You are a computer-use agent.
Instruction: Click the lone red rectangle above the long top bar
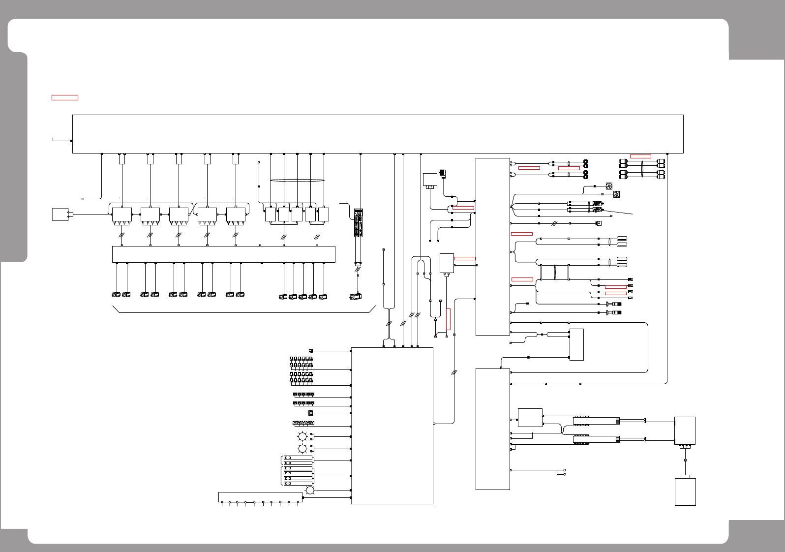(65, 97)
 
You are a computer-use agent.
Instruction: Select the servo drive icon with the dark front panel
(359, 223)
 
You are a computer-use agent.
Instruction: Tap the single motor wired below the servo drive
(355, 296)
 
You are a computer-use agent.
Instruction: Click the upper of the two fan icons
(608, 186)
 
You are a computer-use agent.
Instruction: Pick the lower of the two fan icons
(616, 194)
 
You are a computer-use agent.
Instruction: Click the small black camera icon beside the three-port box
(442, 173)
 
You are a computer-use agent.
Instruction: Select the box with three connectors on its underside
(430, 180)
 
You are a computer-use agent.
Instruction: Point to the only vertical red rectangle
(448, 319)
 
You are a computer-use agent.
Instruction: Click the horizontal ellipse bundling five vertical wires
(297, 180)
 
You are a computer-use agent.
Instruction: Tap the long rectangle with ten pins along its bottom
(260, 497)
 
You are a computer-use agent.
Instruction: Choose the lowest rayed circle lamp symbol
(310, 491)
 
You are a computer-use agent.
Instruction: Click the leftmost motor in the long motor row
(116, 295)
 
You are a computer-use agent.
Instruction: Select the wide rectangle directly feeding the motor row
(224, 254)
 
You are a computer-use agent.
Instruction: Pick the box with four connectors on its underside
(684, 430)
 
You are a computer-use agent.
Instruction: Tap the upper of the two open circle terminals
(565, 470)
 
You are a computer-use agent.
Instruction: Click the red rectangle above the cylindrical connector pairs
(640, 156)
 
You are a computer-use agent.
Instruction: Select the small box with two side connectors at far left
(60, 215)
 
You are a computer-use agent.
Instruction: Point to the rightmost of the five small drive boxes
(323, 215)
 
